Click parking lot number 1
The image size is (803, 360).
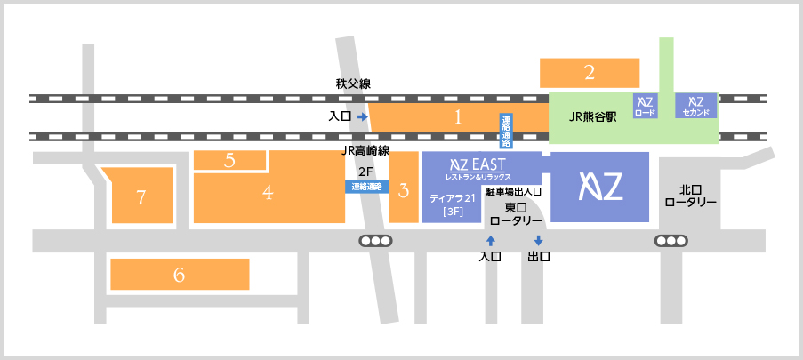coord(457,116)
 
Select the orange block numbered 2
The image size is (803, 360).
coord(589,73)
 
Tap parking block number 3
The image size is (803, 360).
coord(404,189)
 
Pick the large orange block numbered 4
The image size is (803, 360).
coord(268,192)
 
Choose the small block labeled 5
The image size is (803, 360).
coord(229,161)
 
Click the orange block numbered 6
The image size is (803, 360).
coord(179,275)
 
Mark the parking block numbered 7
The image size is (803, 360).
coord(141,197)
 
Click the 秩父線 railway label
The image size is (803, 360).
coord(353,84)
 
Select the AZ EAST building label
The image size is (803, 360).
coord(478,166)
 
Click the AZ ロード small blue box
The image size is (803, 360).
coord(645,106)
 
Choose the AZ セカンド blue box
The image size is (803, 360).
coord(695,106)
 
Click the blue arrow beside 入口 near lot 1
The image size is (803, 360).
coord(362,116)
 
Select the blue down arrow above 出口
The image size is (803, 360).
coord(538,240)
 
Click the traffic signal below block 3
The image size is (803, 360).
coord(375,241)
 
